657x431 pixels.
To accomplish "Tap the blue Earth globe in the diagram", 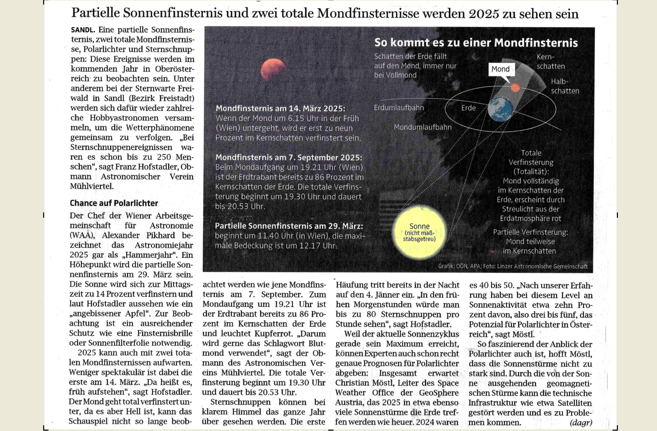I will point(500,109).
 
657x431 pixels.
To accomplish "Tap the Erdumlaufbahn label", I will point(399,108).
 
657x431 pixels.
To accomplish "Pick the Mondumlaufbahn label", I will point(422,127).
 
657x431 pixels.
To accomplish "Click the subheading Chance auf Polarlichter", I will point(114,203).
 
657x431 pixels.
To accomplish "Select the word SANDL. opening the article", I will point(83,30).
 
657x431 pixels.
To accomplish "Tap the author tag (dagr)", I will point(581,422).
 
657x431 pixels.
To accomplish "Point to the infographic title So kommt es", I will point(476,43).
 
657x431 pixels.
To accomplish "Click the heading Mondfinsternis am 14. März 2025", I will point(280,108).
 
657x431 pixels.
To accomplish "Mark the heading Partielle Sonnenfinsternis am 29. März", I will point(289,226).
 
